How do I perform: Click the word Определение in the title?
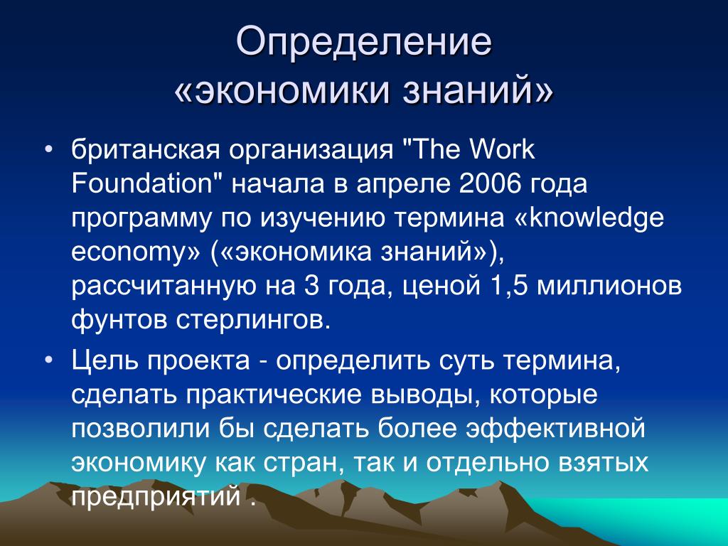click(363, 43)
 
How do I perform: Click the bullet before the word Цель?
click(49, 360)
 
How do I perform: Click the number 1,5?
click(509, 286)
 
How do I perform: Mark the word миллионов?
click(609, 287)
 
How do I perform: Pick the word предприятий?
click(156, 496)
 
